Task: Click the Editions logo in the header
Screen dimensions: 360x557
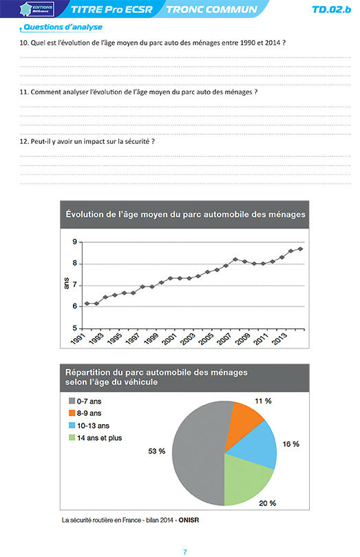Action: click(x=37, y=9)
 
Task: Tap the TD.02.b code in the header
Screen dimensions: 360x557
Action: click(x=331, y=10)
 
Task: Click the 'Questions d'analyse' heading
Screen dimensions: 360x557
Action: click(x=63, y=27)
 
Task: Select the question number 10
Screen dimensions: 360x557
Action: click(x=24, y=43)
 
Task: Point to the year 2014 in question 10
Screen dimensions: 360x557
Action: click(x=273, y=43)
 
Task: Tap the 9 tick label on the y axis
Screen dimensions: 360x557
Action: click(x=74, y=242)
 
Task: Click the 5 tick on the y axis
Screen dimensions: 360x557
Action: click(x=74, y=328)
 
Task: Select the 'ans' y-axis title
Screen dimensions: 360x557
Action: click(x=66, y=284)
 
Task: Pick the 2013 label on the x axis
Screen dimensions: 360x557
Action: click(x=279, y=339)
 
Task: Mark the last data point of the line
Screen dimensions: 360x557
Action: click(x=300, y=249)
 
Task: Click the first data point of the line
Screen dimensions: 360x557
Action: click(x=87, y=304)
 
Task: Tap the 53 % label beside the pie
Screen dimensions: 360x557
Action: click(x=157, y=451)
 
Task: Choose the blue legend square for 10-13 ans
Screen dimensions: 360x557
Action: click(x=72, y=425)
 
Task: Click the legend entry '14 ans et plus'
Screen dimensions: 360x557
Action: click(x=99, y=438)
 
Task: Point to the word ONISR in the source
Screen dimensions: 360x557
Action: click(x=189, y=520)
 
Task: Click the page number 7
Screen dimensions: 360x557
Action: click(x=185, y=552)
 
